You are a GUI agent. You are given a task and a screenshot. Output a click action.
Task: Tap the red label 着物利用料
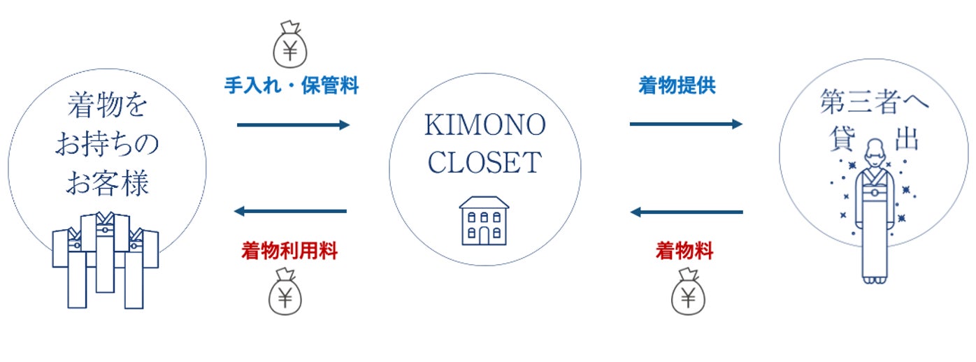[289, 252]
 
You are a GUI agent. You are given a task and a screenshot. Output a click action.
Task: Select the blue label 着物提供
[677, 86]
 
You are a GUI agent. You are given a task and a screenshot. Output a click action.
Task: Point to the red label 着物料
[684, 252]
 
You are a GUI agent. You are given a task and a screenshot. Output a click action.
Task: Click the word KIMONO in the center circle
[485, 126]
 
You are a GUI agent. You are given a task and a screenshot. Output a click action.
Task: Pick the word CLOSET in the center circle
[485, 163]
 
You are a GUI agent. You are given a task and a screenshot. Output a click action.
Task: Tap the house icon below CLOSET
[484, 220]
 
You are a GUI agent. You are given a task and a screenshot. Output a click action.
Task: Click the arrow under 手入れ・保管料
[293, 125]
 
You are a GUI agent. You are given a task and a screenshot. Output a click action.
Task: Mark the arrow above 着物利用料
[290, 211]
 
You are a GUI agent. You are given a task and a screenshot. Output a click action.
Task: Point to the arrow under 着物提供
[686, 124]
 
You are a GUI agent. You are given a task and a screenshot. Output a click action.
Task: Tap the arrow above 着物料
[686, 212]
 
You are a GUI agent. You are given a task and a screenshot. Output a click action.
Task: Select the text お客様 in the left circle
[108, 183]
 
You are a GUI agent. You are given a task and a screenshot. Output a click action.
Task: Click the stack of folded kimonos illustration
[106, 259]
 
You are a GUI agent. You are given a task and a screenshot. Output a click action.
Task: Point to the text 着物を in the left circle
[108, 107]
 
